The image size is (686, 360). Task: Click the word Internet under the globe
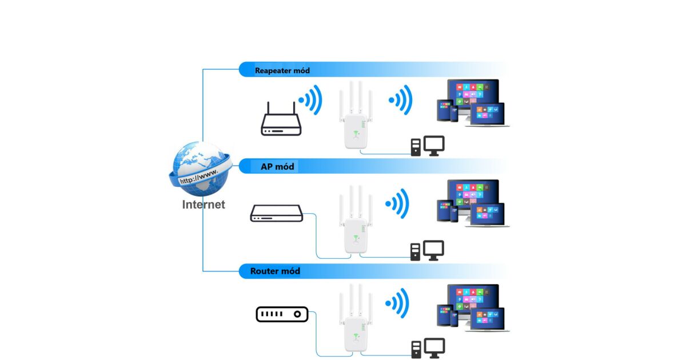click(204, 205)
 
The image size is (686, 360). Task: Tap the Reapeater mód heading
click(282, 71)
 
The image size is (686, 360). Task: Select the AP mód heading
click(277, 166)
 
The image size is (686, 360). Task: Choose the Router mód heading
click(275, 271)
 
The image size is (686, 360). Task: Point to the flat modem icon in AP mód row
click(276, 214)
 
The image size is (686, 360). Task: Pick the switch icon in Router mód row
click(282, 314)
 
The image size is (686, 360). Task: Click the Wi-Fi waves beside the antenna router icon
click(310, 101)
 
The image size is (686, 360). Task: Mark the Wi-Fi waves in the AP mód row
click(398, 203)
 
